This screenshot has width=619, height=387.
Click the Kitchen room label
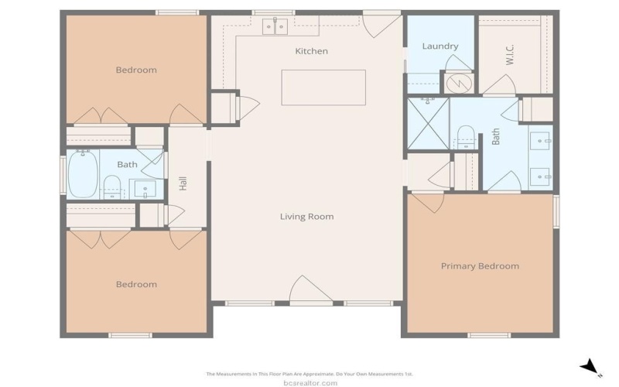[x=311, y=51]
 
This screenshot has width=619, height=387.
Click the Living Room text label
[x=306, y=217]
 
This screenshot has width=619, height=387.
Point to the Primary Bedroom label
[x=480, y=266]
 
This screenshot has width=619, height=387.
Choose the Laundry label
[x=439, y=46]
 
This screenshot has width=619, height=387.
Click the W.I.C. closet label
[x=510, y=55]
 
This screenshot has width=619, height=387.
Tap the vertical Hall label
[x=183, y=184]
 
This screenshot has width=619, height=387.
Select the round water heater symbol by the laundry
[x=457, y=81]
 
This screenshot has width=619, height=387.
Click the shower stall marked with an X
[x=427, y=122]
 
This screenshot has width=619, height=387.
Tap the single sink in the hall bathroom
[x=145, y=187]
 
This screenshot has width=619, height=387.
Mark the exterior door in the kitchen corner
[x=381, y=23]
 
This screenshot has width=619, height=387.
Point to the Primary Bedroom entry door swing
[x=426, y=203]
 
